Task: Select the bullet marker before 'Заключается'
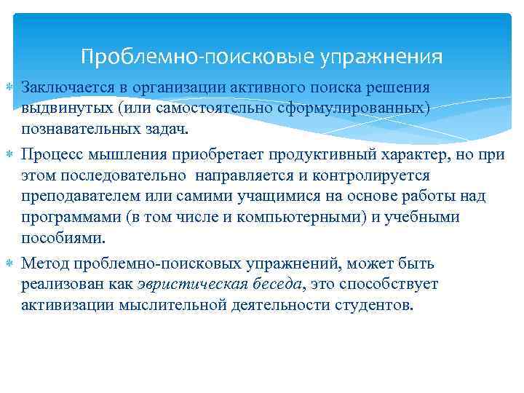tap(8, 88)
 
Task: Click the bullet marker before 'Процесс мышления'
tap(8, 155)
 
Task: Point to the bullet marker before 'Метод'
tap(8, 263)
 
